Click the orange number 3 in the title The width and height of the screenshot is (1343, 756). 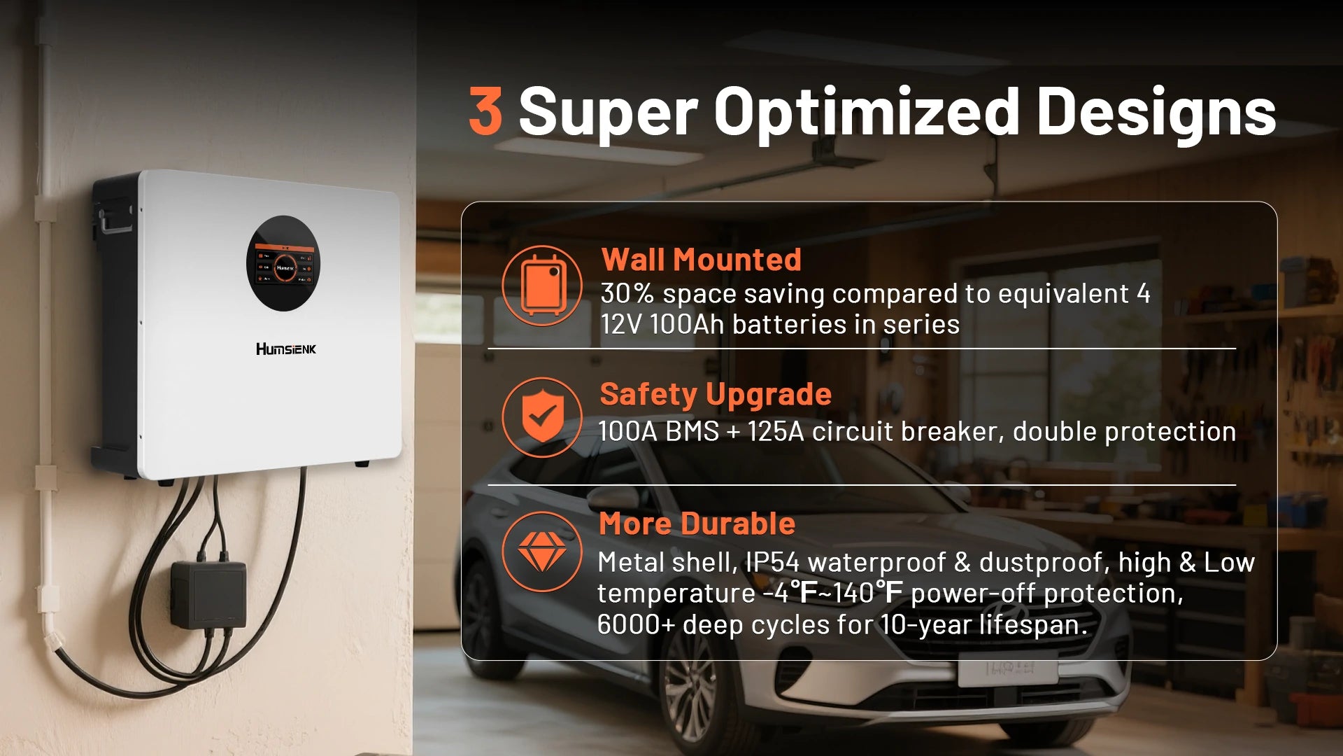pyautogui.click(x=485, y=111)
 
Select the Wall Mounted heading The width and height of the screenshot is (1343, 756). pyautogui.click(x=701, y=260)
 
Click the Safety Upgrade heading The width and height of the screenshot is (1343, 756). pyautogui.click(x=716, y=395)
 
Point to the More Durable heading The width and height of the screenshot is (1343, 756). pyautogui.click(x=697, y=524)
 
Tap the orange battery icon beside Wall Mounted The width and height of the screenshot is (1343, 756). pyautogui.click(x=542, y=286)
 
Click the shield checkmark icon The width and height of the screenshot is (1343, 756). pyautogui.click(x=542, y=417)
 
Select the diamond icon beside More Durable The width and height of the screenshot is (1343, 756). pyautogui.click(x=542, y=552)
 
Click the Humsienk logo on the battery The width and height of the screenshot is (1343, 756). pyautogui.click(x=285, y=349)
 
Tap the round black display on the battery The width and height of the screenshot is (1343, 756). pyautogui.click(x=283, y=263)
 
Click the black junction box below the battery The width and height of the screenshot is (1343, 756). pyautogui.click(x=208, y=594)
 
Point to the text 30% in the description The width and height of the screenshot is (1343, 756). pyautogui.click(x=627, y=293)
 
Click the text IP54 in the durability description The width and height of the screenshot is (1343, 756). pyautogui.click(x=772, y=562)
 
